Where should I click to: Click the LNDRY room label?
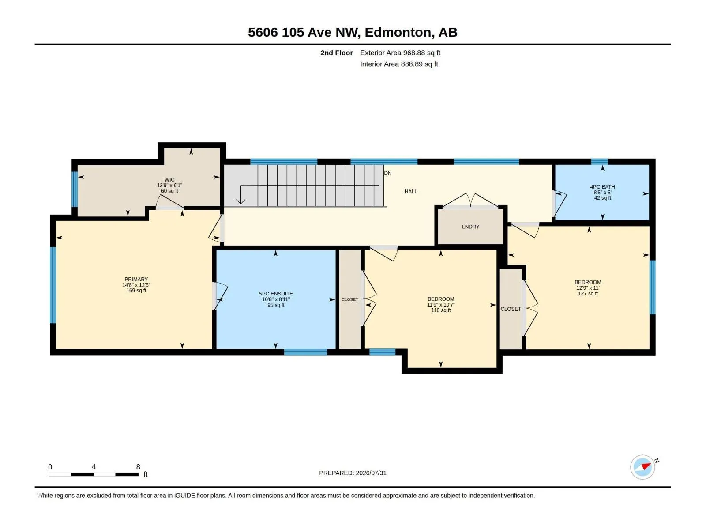pos(470,227)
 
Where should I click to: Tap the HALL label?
pos(411,192)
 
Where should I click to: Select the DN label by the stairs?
pos(387,173)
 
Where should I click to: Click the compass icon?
pos(643,467)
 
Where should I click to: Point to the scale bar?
pos(94,474)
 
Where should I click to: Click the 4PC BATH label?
pos(602,187)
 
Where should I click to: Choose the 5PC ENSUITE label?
pos(276,293)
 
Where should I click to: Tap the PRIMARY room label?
pos(136,279)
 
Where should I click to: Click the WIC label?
pos(169,180)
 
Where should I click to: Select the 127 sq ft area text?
pos(588,293)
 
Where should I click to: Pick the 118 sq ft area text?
pos(441,310)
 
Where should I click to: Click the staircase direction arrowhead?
pos(240,201)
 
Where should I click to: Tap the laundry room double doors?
pos(470,201)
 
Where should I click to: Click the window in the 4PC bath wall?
pos(600,162)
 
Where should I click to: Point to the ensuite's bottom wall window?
pos(305,352)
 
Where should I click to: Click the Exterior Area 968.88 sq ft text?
pos(400,53)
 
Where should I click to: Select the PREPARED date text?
pos(353,473)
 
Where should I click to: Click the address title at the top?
pos(353,32)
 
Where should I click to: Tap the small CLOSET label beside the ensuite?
pos(349,299)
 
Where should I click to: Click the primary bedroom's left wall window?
pos(53,285)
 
